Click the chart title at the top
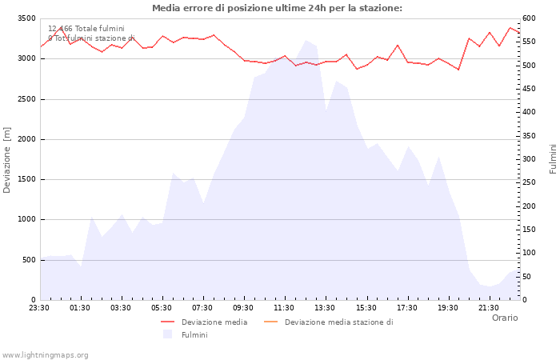pos(277,8)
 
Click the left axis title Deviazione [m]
pos(7,159)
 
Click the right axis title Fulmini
pos(553,158)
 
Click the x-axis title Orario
pos(504,318)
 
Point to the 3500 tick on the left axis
pos(26,18)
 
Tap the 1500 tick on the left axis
pos(26,179)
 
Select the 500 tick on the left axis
pos(28,260)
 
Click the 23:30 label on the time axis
pos(39,307)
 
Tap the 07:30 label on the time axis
pos(202,307)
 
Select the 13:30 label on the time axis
pos(325,307)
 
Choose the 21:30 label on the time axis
pos(488,307)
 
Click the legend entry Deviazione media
pos(214,322)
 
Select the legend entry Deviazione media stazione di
pos(338,322)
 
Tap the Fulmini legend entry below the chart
pos(194,334)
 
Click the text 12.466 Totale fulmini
pos(86,29)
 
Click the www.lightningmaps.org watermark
pos(46,354)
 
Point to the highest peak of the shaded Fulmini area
pos(306,40)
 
